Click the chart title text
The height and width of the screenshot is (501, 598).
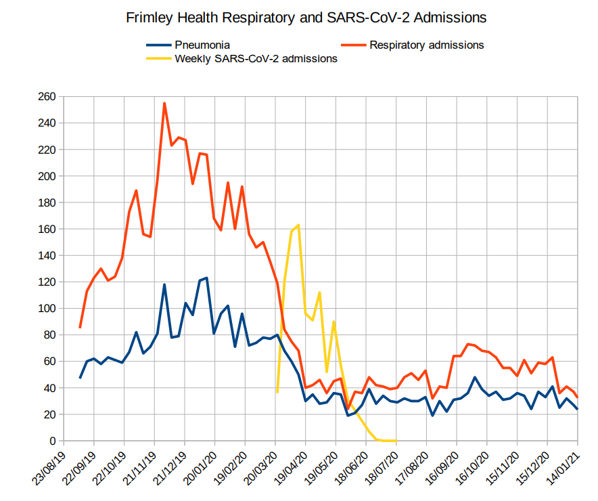point(306,18)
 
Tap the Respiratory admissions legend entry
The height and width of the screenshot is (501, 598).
point(426,45)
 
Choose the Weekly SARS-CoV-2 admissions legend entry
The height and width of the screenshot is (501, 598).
point(256,59)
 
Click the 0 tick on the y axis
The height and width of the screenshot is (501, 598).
point(51,441)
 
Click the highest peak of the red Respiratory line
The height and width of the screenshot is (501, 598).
point(164,104)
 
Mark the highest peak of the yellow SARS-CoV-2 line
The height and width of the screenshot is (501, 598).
point(298,225)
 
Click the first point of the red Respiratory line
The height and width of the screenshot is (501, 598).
point(80,328)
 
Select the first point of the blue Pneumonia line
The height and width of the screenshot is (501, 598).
point(80,378)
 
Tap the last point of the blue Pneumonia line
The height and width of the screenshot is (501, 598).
point(577,409)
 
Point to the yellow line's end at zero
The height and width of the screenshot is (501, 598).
point(396,441)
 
